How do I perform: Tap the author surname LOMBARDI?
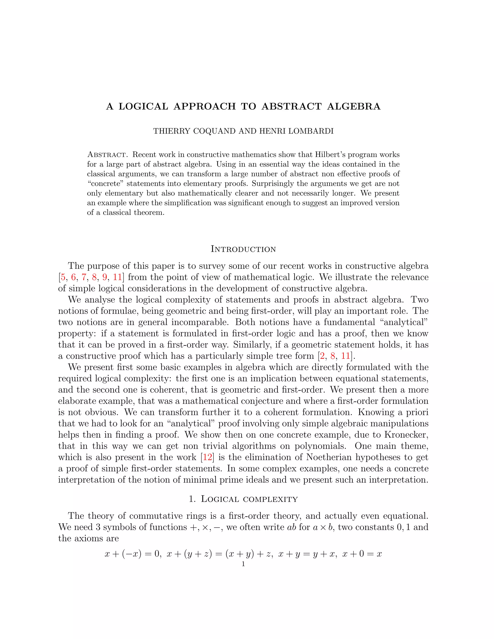[x=311, y=131]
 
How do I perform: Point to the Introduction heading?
[x=243, y=249]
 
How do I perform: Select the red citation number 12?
[x=207, y=457]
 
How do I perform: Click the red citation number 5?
[x=63, y=277]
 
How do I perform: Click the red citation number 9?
[x=104, y=277]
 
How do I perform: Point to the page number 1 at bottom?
[x=243, y=564]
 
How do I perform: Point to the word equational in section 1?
[x=405, y=516]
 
